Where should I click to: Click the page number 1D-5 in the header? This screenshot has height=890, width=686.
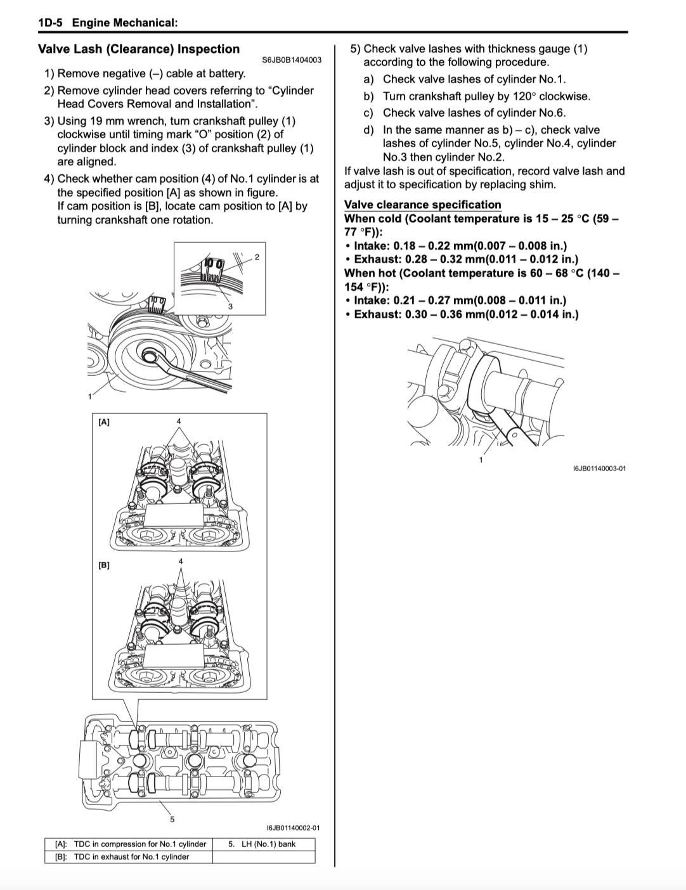click(x=50, y=23)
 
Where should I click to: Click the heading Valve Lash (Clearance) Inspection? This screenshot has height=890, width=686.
click(x=139, y=49)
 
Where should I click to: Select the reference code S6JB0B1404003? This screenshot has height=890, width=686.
click(x=292, y=60)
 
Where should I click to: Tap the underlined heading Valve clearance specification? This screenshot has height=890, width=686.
click(x=423, y=204)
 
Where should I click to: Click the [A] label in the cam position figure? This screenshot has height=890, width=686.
click(x=104, y=422)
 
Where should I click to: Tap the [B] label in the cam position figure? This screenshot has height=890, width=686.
click(x=104, y=565)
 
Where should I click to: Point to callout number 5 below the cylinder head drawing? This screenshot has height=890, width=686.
click(x=172, y=819)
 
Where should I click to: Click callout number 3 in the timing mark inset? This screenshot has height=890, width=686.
click(x=230, y=306)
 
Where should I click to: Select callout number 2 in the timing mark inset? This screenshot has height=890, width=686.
click(x=257, y=257)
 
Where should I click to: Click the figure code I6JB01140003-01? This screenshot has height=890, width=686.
click(x=599, y=468)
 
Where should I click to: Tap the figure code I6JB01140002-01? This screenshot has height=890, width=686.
click(x=293, y=828)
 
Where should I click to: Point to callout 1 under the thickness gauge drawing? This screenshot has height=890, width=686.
click(x=481, y=460)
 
